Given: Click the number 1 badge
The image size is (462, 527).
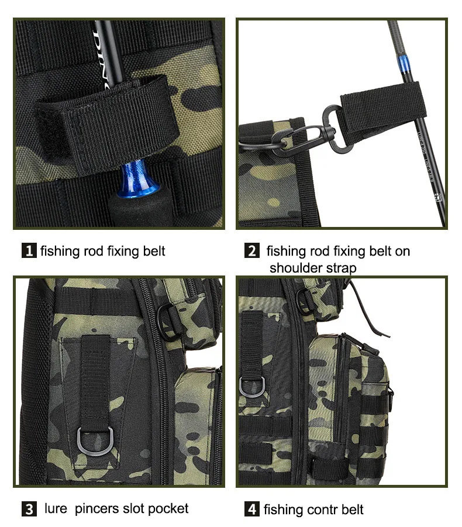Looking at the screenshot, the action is click(x=29, y=251).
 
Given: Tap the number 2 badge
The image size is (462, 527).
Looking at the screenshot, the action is click(x=251, y=251).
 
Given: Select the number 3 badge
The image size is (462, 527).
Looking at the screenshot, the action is click(x=29, y=509).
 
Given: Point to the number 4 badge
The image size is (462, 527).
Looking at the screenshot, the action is click(x=251, y=509).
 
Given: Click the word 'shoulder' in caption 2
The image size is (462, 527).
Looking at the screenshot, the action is click(x=294, y=268).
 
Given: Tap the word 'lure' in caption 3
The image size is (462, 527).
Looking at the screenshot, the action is click(x=56, y=508).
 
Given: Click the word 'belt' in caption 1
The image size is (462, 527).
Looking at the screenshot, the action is click(x=154, y=251).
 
